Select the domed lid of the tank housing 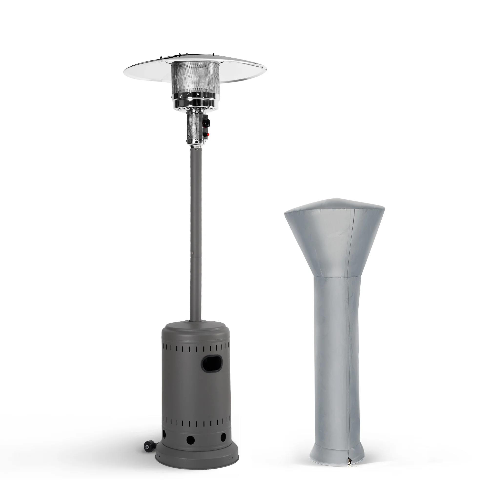click(x=196, y=328)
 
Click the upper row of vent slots click(x=196, y=349)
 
